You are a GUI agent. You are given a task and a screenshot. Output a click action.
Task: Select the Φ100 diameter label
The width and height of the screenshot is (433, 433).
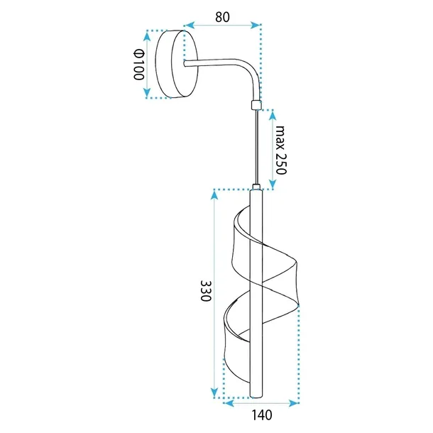[139, 64]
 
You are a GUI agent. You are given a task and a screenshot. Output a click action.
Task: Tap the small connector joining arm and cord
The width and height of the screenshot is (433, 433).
[256, 106]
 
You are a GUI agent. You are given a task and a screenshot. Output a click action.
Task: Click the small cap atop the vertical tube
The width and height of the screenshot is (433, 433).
[256, 187]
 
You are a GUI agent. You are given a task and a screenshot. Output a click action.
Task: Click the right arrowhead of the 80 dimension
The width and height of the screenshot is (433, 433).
[256, 26]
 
